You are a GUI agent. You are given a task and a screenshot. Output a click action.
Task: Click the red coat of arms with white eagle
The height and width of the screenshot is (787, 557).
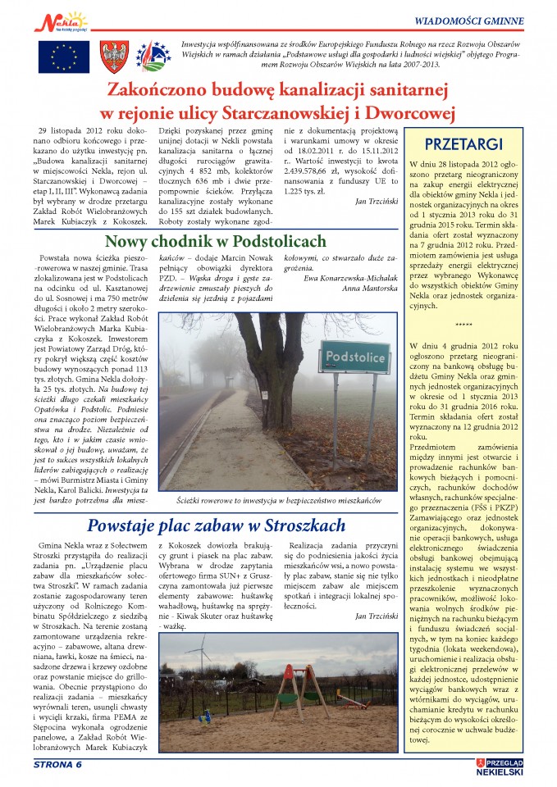point(115,56)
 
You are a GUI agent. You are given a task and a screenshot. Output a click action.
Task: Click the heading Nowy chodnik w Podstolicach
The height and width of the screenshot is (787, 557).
point(216,242)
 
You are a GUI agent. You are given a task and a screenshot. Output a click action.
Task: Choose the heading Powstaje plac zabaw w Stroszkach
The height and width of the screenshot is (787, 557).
point(217,525)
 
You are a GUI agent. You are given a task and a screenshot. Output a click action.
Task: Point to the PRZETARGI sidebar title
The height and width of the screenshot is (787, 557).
point(476,144)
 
